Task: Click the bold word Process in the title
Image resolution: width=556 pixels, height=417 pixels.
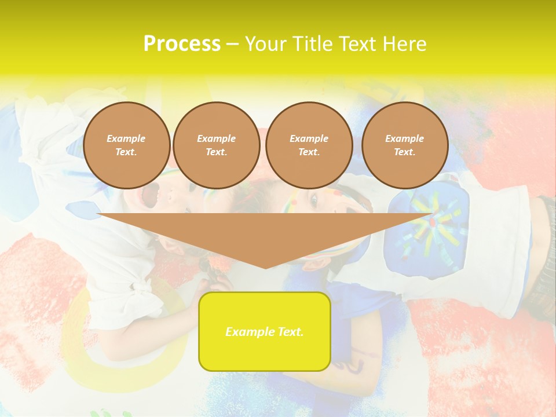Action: tap(181, 43)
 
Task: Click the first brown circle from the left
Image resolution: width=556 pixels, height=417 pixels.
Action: tap(126, 145)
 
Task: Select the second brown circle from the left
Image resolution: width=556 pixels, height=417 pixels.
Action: tap(216, 145)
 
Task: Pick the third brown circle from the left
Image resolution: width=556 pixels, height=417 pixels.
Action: tap(309, 145)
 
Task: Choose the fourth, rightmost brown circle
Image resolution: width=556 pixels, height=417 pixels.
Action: tap(404, 145)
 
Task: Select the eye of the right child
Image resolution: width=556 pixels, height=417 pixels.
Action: tap(313, 200)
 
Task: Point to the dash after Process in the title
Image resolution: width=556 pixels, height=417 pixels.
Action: tap(232, 43)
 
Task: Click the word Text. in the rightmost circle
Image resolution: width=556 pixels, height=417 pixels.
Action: tap(404, 152)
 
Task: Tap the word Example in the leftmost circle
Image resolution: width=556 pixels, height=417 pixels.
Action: tap(126, 138)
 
